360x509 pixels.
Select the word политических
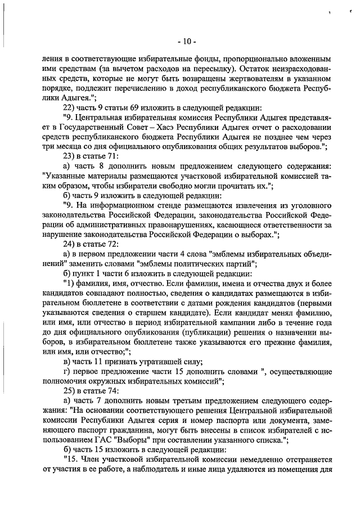coord(206,264)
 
